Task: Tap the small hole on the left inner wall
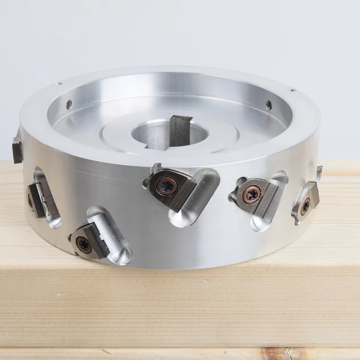coord(69,104)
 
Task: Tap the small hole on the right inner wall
coord(269,106)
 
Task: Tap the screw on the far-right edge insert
coord(306,206)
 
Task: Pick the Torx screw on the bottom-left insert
coord(84,243)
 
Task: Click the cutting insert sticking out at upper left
coord(17,148)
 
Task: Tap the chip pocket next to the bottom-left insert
coord(112,234)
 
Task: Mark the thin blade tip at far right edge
coord(319,174)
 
